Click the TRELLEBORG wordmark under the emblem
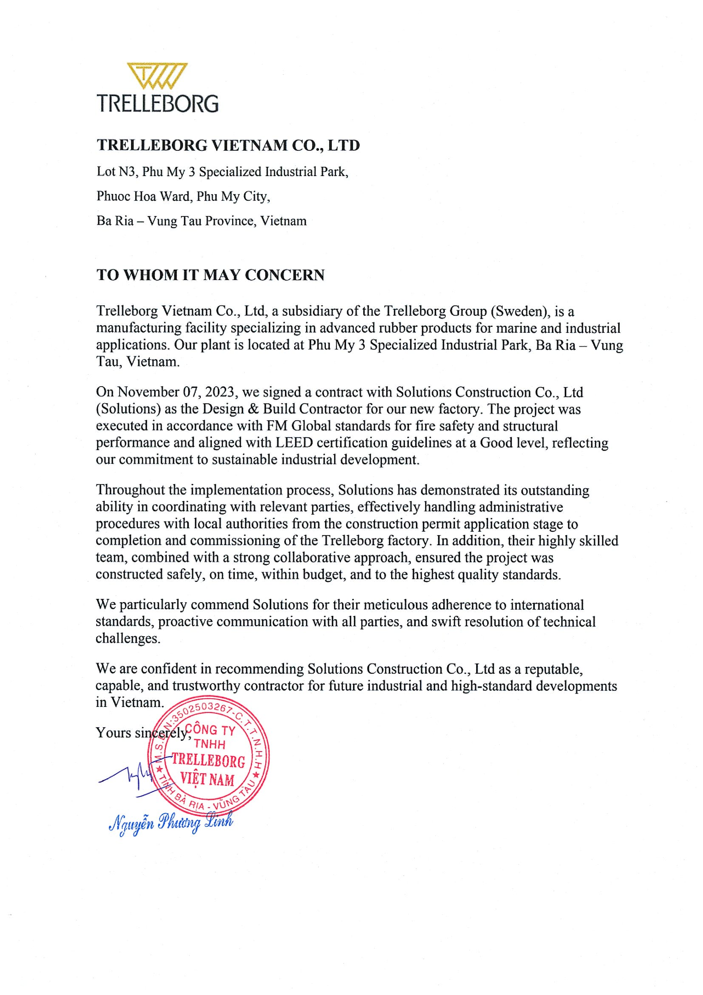click(x=157, y=104)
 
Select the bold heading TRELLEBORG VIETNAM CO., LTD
click(x=228, y=145)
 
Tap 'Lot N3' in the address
click(x=112, y=172)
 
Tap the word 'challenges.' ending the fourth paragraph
click(x=128, y=638)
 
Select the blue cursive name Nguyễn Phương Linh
click(x=171, y=822)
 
